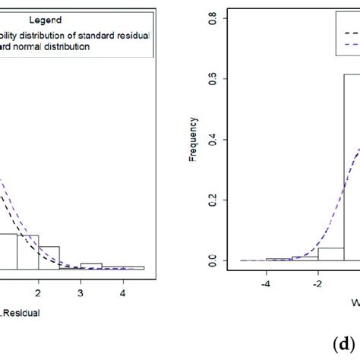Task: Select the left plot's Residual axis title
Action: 19,311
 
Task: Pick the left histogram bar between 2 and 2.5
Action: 49,257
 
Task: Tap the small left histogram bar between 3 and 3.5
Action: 90,266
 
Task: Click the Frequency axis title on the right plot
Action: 194,136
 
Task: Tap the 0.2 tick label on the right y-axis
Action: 214,200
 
